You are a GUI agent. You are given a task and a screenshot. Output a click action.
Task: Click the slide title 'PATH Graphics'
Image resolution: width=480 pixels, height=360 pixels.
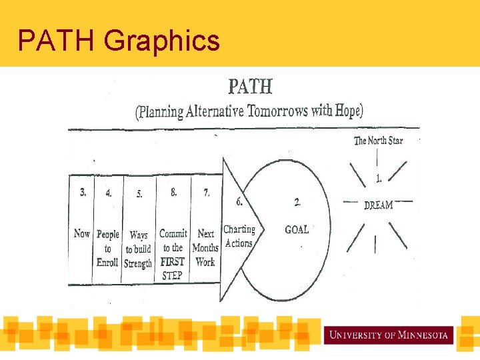118,41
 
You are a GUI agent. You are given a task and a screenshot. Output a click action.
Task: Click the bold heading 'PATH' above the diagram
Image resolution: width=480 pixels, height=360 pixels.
250,87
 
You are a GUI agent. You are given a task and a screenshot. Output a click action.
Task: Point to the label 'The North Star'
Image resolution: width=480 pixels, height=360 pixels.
378,140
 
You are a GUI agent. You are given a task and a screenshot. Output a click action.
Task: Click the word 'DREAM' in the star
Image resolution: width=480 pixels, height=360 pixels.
378,205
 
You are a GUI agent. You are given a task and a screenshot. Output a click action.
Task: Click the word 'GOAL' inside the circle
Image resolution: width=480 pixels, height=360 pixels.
297,229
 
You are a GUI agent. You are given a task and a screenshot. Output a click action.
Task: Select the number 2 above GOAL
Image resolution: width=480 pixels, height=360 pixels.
297,202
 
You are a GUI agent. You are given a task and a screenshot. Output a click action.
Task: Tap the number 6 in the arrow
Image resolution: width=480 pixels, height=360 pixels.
239,201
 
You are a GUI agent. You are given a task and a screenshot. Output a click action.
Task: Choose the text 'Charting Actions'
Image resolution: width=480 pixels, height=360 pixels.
239,236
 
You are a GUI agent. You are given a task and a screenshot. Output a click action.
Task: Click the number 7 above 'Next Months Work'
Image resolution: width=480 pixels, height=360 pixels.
206,193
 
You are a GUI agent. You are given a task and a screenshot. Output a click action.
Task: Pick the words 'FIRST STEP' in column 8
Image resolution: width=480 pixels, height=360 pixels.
173,268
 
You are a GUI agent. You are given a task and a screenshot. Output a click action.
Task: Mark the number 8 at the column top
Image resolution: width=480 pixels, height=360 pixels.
173,192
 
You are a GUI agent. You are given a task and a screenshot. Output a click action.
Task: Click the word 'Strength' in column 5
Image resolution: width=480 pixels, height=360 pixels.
138,263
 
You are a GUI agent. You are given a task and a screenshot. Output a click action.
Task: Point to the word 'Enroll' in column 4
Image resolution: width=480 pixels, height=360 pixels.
107,262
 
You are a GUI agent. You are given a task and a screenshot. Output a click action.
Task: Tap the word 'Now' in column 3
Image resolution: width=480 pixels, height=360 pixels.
81,233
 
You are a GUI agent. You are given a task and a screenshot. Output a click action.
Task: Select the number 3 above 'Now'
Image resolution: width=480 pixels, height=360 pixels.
82,193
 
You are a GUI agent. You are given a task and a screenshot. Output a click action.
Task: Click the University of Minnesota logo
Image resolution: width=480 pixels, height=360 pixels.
389,334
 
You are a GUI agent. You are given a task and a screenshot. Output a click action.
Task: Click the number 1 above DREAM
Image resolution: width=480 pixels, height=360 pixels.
379,179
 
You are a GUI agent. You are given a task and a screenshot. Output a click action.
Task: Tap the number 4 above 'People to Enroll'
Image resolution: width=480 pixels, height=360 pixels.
108,193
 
